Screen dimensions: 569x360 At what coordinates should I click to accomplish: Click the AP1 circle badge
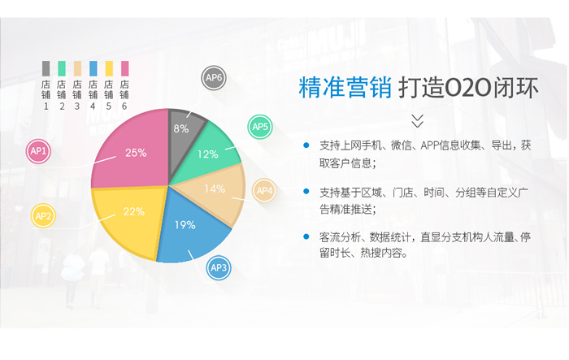[x=38, y=151]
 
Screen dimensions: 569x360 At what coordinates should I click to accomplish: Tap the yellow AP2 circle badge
[x=43, y=216]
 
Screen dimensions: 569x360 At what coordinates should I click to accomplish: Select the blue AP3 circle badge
[x=219, y=268]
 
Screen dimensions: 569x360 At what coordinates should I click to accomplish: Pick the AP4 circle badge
[x=264, y=190]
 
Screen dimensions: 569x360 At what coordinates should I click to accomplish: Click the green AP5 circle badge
[x=260, y=127]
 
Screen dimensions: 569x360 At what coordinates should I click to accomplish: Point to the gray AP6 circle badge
[x=214, y=78]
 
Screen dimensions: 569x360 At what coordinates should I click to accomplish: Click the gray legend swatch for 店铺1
[x=46, y=68]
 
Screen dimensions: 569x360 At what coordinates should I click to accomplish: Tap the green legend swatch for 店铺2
[x=62, y=68]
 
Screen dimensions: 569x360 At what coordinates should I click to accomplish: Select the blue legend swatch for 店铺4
[x=93, y=68]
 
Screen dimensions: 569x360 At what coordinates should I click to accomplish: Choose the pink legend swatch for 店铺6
[x=125, y=68]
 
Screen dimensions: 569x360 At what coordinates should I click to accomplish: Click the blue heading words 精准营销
[x=345, y=88]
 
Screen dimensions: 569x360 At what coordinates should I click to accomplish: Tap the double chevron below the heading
[x=418, y=121]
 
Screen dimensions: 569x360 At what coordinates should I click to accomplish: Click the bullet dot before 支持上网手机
[x=306, y=145]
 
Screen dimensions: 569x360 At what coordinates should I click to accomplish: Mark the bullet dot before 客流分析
[x=306, y=236]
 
